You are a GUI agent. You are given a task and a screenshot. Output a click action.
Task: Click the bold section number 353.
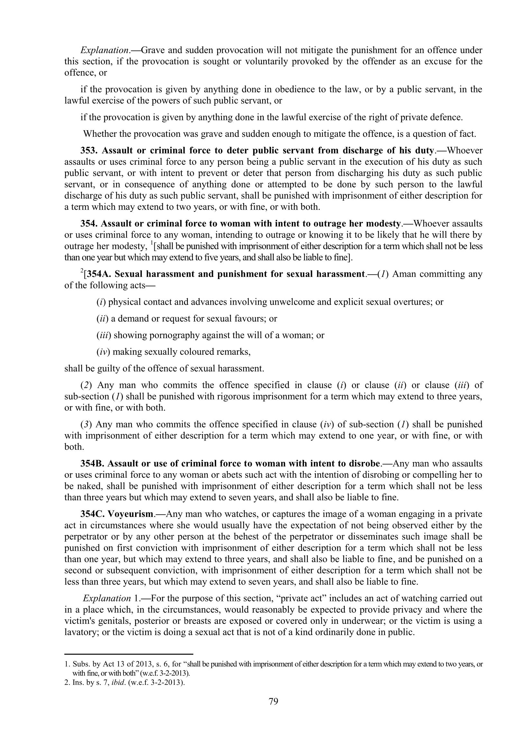pos(89,151)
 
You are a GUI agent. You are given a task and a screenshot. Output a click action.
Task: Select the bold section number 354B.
pos(92,464)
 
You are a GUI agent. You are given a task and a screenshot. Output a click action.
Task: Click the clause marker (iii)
pos(104,335)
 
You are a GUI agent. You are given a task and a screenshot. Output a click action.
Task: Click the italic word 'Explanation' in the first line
pos(104,50)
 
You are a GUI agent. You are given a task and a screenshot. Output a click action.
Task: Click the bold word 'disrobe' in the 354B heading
pos(362,464)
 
